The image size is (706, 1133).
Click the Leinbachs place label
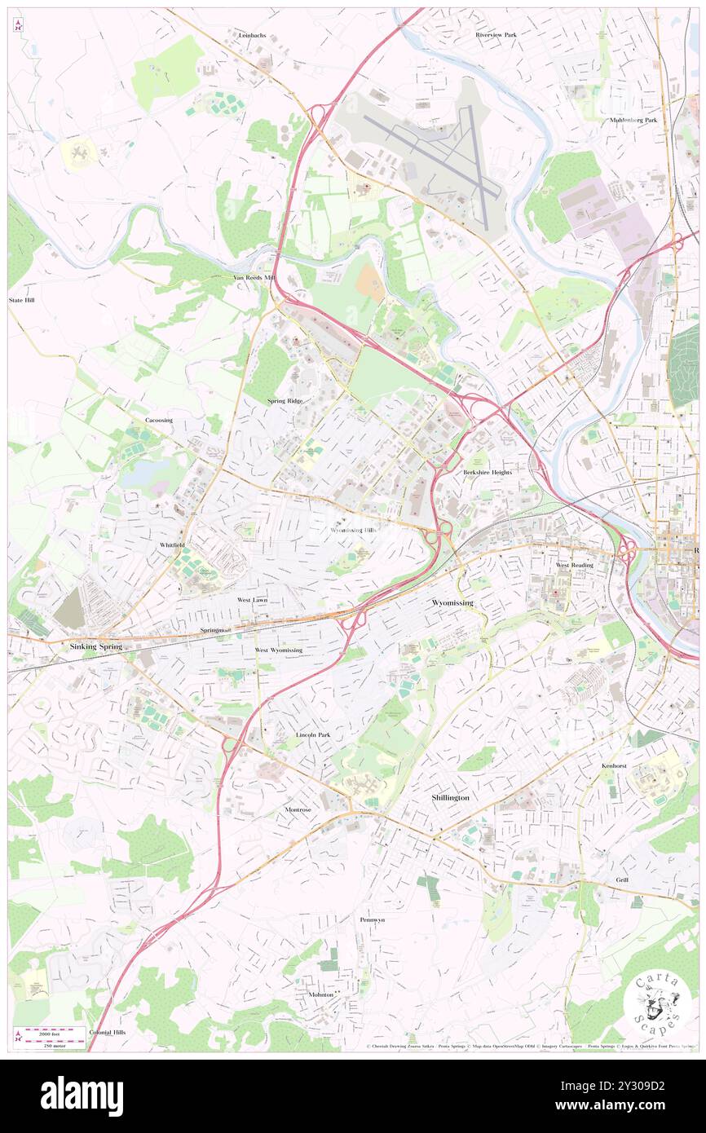click(252, 36)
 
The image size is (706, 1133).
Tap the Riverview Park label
click(496, 35)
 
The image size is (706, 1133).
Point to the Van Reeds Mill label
click(254, 277)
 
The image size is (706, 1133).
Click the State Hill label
click(22, 300)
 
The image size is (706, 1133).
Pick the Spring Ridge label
click(285, 401)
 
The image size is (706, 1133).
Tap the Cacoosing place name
click(159, 420)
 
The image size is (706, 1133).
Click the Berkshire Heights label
click(488, 472)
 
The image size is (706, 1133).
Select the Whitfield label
click(172, 544)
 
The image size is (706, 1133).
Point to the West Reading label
click(575, 565)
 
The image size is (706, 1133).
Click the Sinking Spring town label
click(95, 646)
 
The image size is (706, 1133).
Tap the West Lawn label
click(252, 599)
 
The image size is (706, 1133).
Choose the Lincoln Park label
click(313, 734)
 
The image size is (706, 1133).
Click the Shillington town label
click(450, 797)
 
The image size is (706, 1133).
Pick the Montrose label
click(298, 809)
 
